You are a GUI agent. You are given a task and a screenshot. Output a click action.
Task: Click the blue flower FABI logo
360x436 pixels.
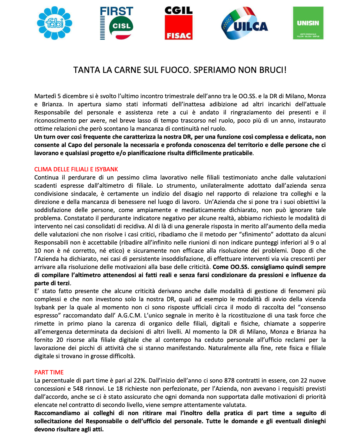coord(54,23)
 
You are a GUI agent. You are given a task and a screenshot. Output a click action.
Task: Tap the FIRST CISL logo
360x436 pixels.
coord(117,23)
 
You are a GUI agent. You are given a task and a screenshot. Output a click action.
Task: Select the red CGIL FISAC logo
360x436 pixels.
coord(178,23)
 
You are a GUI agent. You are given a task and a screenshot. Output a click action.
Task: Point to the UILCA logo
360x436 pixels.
coord(244,23)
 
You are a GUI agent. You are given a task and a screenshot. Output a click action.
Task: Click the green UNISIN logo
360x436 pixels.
coord(308,23)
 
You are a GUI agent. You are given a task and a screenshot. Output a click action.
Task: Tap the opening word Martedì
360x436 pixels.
coord(45,96)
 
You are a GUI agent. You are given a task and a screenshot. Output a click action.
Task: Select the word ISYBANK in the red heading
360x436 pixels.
coord(106,169)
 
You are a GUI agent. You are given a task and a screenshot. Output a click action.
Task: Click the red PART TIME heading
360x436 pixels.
coord(49,372)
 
